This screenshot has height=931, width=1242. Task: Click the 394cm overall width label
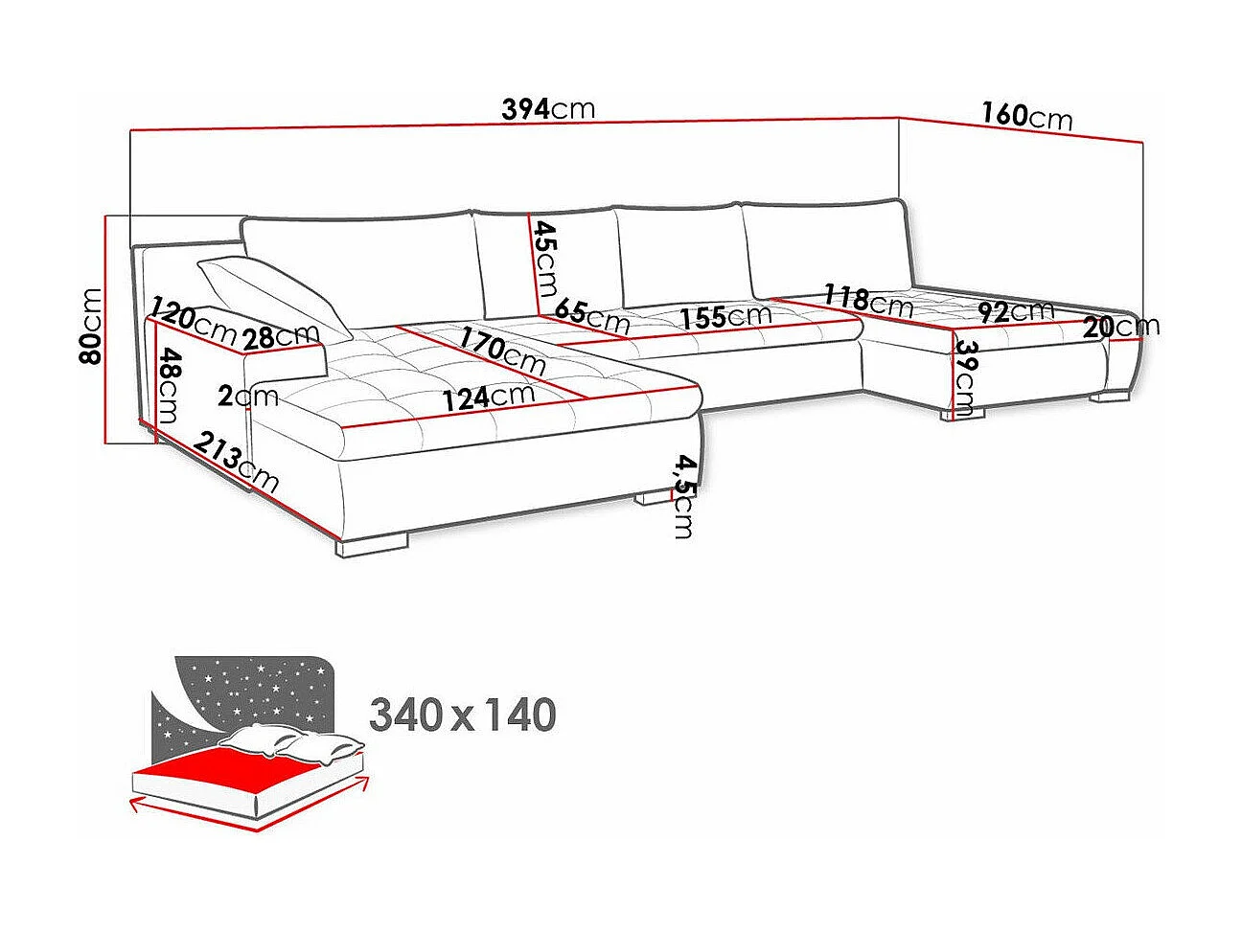click(x=548, y=108)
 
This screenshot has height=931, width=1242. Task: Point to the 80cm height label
click(x=91, y=326)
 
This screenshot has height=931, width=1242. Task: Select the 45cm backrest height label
click(x=545, y=259)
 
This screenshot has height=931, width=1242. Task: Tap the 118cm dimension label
click(x=868, y=301)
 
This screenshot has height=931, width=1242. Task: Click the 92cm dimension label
click(x=1016, y=311)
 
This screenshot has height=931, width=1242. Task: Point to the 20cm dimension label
click(x=1121, y=328)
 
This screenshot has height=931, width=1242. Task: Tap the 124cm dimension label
click(x=489, y=397)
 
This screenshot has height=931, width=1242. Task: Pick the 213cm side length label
click(x=237, y=462)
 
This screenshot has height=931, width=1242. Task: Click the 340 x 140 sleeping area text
click(x=462, y=715)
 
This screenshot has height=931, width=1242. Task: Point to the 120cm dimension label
click(x=193, y=324)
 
